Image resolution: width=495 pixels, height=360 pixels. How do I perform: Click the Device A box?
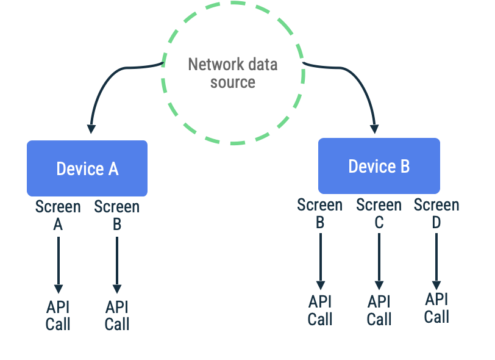87,168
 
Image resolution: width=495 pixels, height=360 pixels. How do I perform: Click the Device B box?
379,166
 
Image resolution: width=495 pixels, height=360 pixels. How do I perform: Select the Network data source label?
232,73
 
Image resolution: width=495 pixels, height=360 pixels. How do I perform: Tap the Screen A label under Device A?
58,215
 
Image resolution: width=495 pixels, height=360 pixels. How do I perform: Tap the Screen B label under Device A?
116,215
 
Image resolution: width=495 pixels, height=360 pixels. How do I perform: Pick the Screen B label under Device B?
319,214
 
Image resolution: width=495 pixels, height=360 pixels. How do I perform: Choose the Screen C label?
379,214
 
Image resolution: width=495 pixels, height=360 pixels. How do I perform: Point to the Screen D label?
436,214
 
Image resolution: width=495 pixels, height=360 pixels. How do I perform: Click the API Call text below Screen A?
58,315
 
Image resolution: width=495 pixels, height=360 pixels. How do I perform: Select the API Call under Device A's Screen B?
117,315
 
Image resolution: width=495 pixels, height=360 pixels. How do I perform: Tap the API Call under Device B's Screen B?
320,310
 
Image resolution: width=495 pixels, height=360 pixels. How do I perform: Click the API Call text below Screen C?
379,310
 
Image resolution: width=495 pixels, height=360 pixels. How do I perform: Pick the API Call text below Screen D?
436,308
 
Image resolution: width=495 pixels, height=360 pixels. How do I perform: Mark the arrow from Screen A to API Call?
58,262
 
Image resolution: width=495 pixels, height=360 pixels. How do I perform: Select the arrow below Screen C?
379,259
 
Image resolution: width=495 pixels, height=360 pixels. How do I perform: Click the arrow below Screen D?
436,259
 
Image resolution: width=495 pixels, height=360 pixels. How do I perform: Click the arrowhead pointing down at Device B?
374,129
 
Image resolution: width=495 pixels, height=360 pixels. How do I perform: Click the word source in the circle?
232,82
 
